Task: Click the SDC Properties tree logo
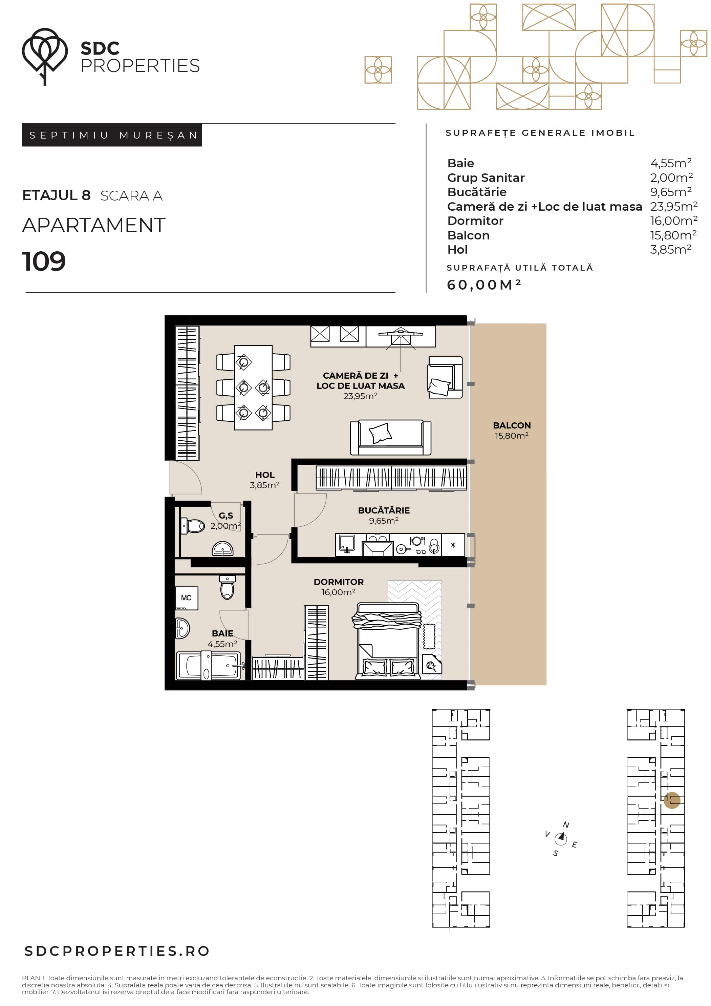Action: pyautogui.click(x=45, y=56)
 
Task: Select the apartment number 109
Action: pyautogui.click(x=44, y=261)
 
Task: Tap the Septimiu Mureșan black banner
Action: pyautogui.click(x=112, y=135)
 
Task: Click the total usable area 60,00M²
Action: pyautogui.click(x=483, y=285)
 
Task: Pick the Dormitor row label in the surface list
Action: pyautogui.click(x=475, y=221)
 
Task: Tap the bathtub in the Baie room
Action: pyautogui.click(x=209, y=665)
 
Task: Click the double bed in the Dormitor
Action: pyautogui.click(x=388, y=642)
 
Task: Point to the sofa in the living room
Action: pyautogui.click(x=390, y=438)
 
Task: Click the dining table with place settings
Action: pyautogui.click(x=253, y=388)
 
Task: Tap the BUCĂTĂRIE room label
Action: pyautogui.click(x=384, y=510)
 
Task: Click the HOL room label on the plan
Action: pyautogui.click(x=265, y=475)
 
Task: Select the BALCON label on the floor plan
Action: pyautogui.click(x=512, y=425)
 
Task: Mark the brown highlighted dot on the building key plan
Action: pyautogui.click(x=672, y=800)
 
